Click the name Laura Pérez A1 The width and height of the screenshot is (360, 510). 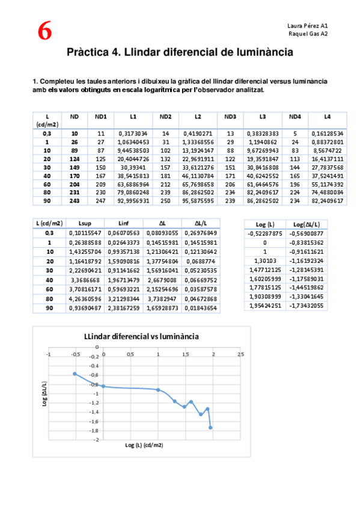pos(308,26)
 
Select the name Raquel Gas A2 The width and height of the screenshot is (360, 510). pos(308,34)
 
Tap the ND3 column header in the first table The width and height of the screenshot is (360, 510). pos(230,116)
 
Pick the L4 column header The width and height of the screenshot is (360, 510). pos(327,116)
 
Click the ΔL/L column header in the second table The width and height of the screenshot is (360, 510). pos(201,223)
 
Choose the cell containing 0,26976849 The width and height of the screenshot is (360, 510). pos(201,232)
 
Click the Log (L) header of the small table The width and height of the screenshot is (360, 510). pos(265,224)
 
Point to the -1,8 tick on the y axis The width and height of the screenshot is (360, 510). pos(94,431)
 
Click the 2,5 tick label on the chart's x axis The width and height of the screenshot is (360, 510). pos(240,354)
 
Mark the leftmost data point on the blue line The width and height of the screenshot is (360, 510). pos(75,374)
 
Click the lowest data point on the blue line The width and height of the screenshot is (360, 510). pos(211,428)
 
